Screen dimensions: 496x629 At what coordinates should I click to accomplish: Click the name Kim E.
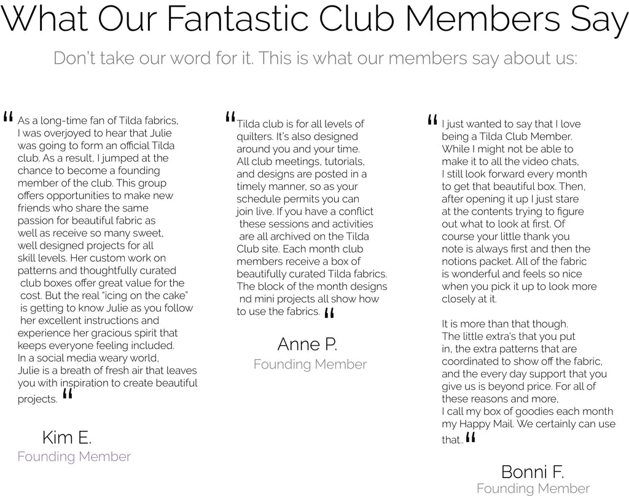[67, 438]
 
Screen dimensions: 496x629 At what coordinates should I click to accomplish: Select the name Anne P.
[307, 344]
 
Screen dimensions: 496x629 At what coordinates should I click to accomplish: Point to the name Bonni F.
[533, 472]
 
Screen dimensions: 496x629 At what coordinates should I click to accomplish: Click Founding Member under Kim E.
[74, 457]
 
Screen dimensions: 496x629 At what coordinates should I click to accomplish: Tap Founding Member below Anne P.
[310, 364]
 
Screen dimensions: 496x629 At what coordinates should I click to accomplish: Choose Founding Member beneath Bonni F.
[533, 489]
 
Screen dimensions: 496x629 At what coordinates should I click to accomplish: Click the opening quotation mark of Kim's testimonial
[9, 117]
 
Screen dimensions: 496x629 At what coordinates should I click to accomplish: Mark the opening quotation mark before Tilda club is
[230, 117]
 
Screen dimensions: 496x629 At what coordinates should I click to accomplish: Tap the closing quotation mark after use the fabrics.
[329, 313]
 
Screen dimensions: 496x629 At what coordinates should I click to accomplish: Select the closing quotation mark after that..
[471, 438]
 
